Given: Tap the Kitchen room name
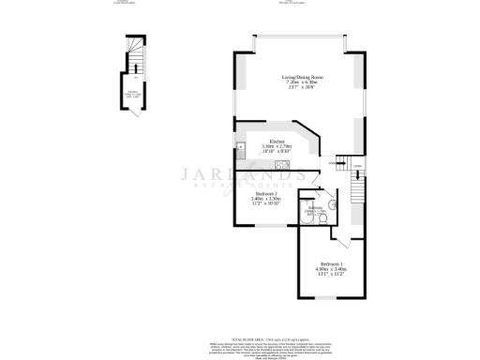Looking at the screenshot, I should pyautogui.click(x=277, y=142).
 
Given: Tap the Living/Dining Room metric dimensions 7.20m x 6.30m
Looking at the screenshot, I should pyautogui.click(x=297, y=83).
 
